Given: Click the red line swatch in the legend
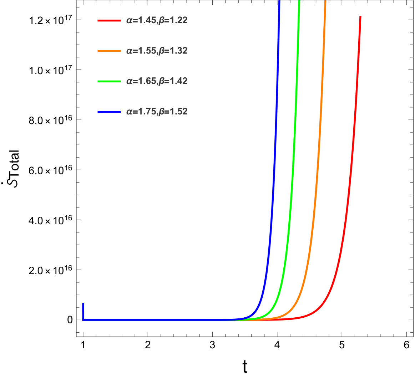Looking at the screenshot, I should tap(109, 21).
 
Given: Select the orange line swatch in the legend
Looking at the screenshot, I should tap(109, 51).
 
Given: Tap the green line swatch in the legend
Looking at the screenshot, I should tap(109, 81).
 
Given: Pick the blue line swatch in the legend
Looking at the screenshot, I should tap(109, 112).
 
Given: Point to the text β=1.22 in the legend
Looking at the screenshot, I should tap(173, 21).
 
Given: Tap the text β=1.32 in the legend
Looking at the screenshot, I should tap(173, 51).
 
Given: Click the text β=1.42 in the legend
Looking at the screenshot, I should tap(173, 81).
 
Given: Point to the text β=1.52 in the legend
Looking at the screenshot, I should tap(173, 112).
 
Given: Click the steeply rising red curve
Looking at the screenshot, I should tap(353, 143).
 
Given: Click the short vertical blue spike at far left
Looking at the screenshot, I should tap(83, 310).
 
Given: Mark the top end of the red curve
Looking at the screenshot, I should tap(360, 17).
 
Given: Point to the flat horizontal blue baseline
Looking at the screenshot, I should tap(161, 319).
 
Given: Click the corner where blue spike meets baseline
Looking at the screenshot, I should tap(83, 319).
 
